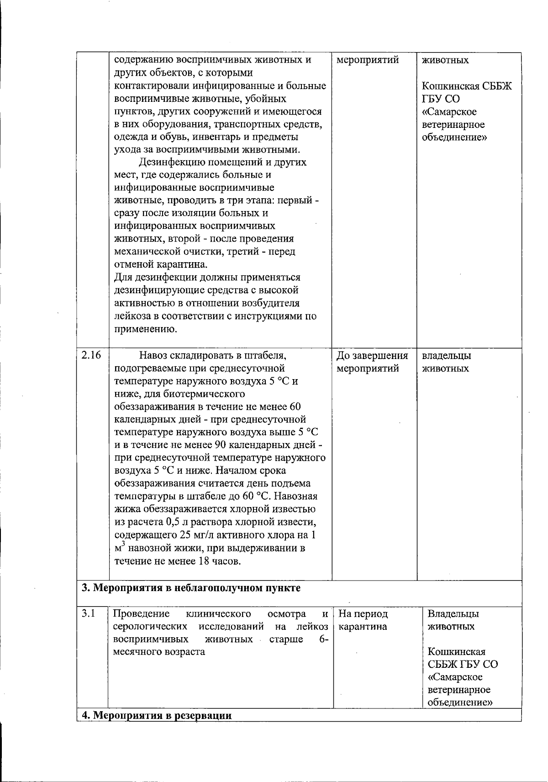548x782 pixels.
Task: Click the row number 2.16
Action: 91,355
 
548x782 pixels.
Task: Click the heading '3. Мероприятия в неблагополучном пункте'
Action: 191,588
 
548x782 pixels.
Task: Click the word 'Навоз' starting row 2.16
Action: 155,355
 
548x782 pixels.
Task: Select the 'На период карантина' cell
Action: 363,620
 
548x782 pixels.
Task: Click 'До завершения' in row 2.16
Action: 372,355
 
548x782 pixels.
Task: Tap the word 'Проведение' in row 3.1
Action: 141,613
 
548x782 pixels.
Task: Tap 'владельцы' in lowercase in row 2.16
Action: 446,355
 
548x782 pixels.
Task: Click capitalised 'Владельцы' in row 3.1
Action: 453,613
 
